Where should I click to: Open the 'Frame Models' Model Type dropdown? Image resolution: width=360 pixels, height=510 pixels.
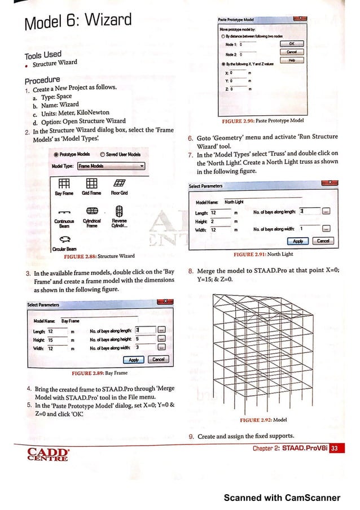pos(111,166)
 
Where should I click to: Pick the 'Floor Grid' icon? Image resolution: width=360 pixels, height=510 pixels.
pos(119,183)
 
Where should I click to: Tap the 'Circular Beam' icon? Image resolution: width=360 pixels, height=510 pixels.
pos(63,239)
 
